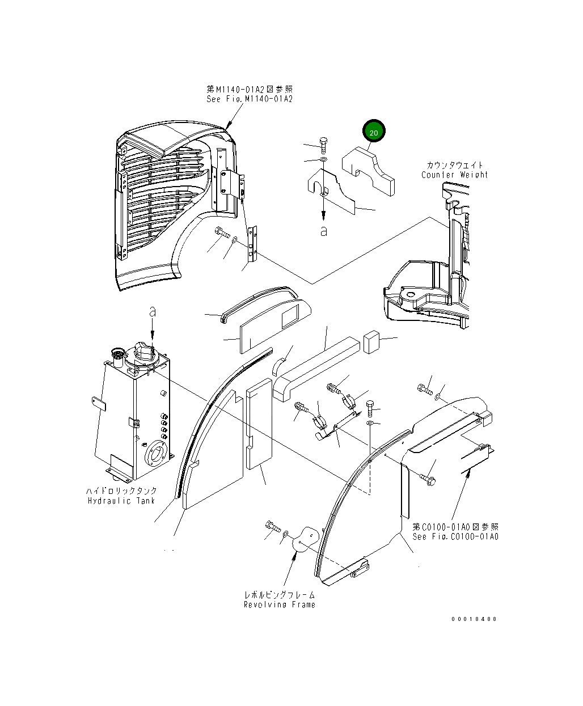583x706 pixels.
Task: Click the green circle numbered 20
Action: pyautogui.click(x=374, y=132)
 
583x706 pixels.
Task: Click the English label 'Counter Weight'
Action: pyautogui.click(x=454, y=175)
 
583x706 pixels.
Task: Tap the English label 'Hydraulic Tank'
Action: pyautogui.click(x=121, y=501)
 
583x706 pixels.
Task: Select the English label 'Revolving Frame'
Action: pyautogui.click(x=279, y=604)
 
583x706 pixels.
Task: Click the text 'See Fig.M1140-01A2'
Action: pyautogui.click(x=250, y=99)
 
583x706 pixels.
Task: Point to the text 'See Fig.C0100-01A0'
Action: pyautogui.click(x=455, y=536)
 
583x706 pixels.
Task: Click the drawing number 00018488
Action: pyautogui.click(x=474, y=619)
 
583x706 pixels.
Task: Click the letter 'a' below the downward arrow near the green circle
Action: pyautogui.click(x=324, y=231)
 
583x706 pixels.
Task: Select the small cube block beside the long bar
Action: pyautogui.click(x=371, y=340)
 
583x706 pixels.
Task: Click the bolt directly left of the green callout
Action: pyautogui.click(x=323, y=143)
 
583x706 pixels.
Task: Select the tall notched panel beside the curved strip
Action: pyautogui.click(x=259, y=425)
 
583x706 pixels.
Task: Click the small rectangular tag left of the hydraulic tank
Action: pyautogui.click(x=99, y=402)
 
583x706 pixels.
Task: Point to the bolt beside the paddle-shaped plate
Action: pyautogui.click(x=273, y=527)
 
